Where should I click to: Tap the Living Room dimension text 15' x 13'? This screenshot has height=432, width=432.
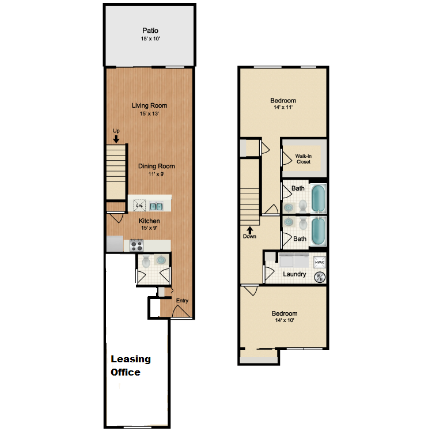(149, 113)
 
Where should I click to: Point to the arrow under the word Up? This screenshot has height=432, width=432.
(116, 138)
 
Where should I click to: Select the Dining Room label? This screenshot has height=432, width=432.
(156, 166)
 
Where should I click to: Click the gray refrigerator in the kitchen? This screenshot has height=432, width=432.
(114, 244)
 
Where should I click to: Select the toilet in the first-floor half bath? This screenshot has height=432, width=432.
(146, 262)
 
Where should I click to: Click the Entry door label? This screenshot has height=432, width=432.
(182, 300)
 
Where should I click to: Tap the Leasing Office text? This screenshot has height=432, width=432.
(131, 366)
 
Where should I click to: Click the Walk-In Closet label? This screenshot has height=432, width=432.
(303, 158)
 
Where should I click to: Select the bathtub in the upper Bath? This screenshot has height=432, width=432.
(318, 198)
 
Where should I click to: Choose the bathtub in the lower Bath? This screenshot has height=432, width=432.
(318, 231)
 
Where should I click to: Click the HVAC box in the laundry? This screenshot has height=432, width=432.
(320, 263)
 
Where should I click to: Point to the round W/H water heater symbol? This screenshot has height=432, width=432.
(320, 277)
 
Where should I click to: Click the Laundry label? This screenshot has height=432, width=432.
(294, 274)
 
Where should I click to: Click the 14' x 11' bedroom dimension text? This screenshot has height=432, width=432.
(283, 108)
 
